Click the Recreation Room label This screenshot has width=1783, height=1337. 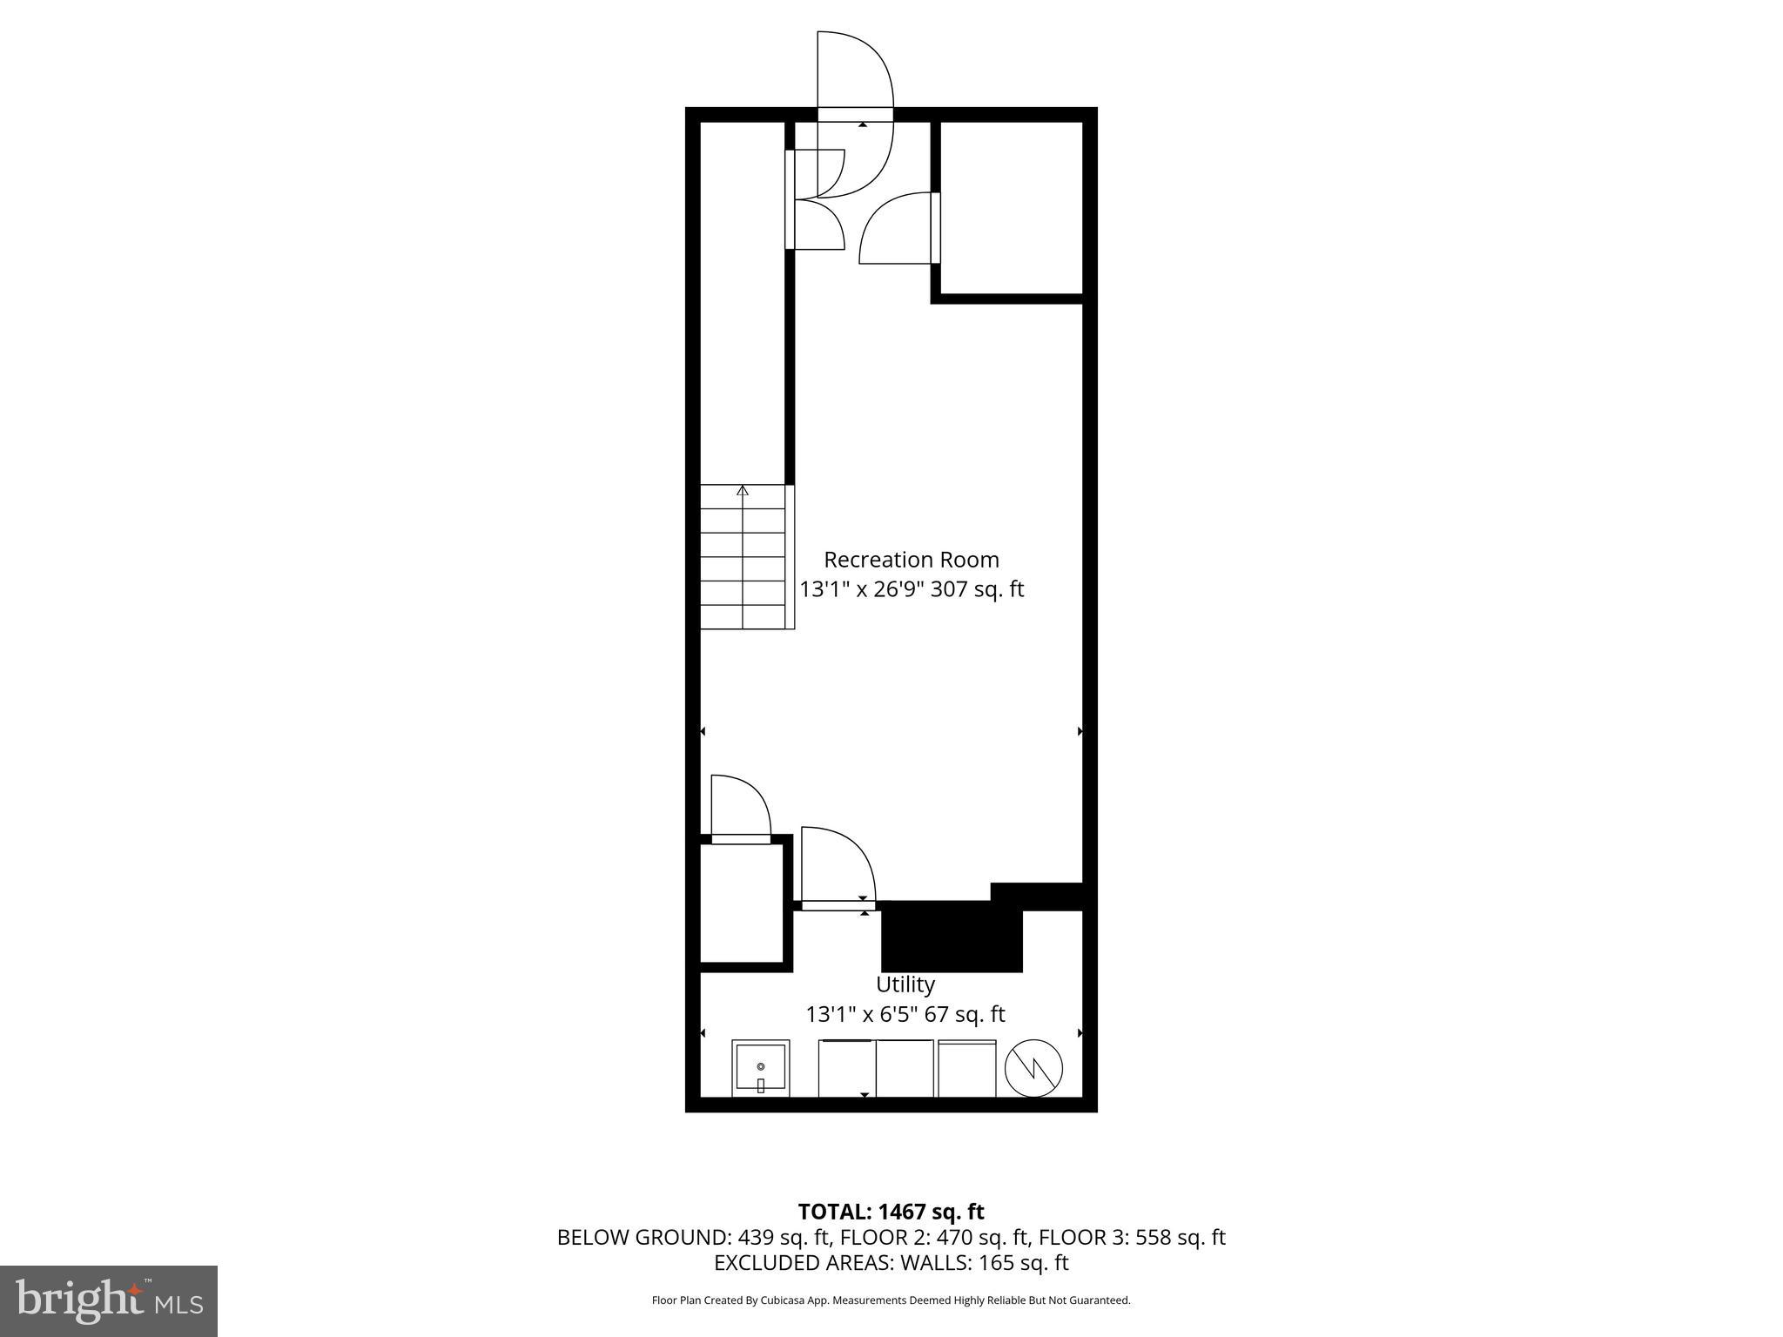911,560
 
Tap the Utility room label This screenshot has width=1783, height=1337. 905,984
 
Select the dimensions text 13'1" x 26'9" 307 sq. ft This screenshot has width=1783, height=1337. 911,589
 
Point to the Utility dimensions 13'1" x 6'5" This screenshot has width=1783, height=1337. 905,1014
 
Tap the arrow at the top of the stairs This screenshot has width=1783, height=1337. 743,491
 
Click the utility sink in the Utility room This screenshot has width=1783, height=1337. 760,1067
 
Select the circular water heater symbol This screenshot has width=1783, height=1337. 1033,1068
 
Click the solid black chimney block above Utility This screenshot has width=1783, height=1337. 951,936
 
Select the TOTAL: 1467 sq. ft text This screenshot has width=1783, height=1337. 891,1212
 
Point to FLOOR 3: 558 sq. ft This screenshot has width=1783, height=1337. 1132,1237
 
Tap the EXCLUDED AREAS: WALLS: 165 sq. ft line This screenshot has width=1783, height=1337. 891,1263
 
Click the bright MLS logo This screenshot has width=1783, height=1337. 109,1300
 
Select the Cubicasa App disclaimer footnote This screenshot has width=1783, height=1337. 891,1300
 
